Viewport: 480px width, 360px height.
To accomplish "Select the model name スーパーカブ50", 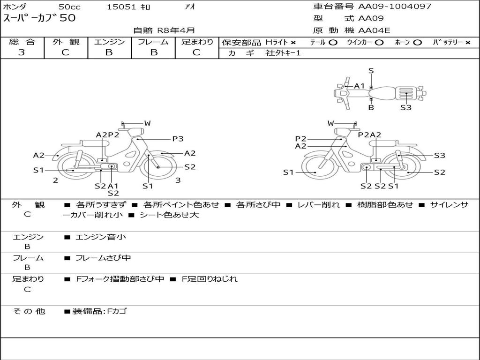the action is pos(39,19).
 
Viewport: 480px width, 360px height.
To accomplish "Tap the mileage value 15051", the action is pos(121,7).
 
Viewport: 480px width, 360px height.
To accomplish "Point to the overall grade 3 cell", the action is pos(22,52).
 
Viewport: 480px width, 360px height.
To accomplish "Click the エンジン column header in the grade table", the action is pos(109,42).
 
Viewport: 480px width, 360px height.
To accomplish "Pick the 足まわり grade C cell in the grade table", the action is pos(196,52).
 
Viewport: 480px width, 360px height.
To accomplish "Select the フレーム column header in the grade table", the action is pos(153,42).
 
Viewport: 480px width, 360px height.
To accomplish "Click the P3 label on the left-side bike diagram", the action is pos(178,139).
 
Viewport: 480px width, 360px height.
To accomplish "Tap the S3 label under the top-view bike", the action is pos(406,107).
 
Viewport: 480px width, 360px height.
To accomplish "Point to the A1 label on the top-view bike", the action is pos(360,86).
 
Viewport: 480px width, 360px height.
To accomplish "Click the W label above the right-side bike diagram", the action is pos(331,123).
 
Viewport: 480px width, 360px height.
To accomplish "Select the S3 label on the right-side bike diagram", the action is pos(439,156).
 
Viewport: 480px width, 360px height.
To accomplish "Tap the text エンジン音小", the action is pos(101,237).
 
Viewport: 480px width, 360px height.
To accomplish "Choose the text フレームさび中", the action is pos(103,258).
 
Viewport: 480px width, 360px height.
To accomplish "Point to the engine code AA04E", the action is pos(374,31).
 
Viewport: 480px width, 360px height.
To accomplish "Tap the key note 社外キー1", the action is pos(283,53).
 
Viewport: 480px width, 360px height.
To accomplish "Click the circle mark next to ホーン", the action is pos(417,42).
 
